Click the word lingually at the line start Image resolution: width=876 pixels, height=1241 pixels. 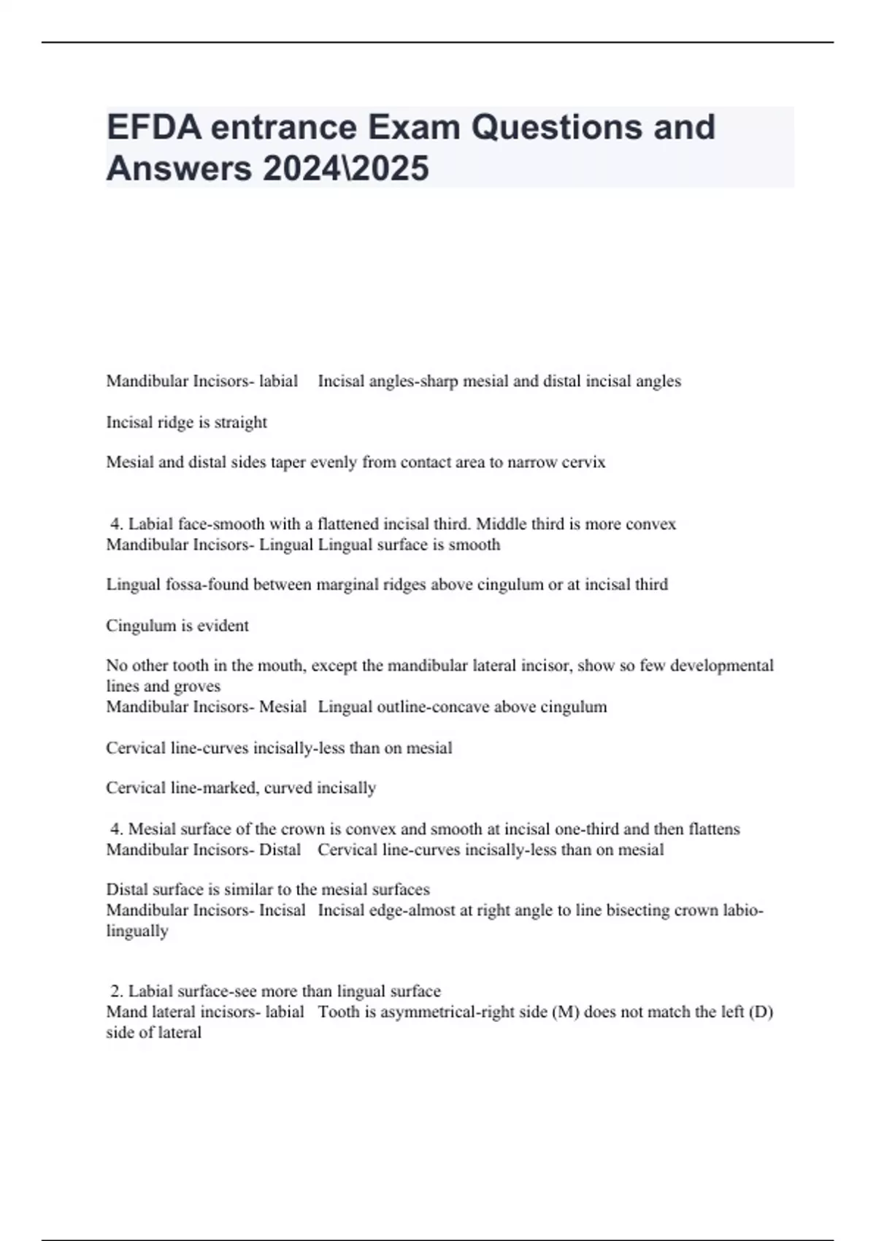coord(137,931)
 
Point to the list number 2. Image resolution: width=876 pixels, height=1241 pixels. coord(115,991)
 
